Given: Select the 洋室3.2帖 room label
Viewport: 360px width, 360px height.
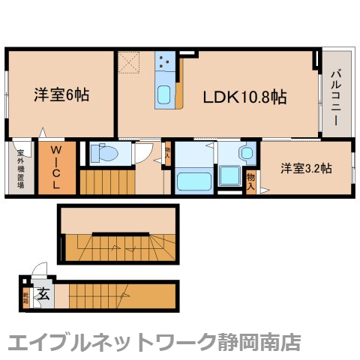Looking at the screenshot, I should (306, 168).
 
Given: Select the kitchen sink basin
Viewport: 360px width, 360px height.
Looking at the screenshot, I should (164, 94).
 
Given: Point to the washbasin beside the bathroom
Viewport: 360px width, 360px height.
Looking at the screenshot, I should (245, 152).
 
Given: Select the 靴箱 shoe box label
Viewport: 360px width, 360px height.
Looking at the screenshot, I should (25, 298).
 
